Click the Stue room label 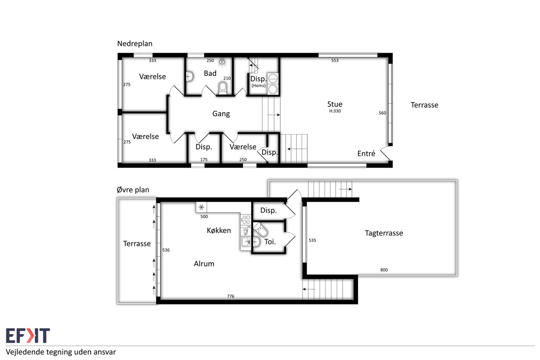(x=335, y=104)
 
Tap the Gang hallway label (x=221, y=114)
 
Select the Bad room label (x=210, y=73)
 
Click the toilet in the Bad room (x=223, y=88)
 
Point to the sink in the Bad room (x=190, y=76)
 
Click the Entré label (x=366, y=154)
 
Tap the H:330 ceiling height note (x=335, y=111)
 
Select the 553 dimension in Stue (x=335, y=60)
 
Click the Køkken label (x=219, y=230)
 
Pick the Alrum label (x=204, y=264)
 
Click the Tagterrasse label (x=384, y=233)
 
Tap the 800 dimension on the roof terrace (x=384, y=270)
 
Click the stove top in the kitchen (x=246, y=219)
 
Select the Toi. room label (x=270, y=242)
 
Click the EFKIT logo (x=28, y=336)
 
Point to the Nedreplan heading (x=135, y=43)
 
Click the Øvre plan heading (x=133, y=190)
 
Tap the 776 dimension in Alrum (x=230, y=296)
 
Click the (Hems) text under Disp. (x=259, y=86)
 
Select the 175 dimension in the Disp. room (x=204, y=160)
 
